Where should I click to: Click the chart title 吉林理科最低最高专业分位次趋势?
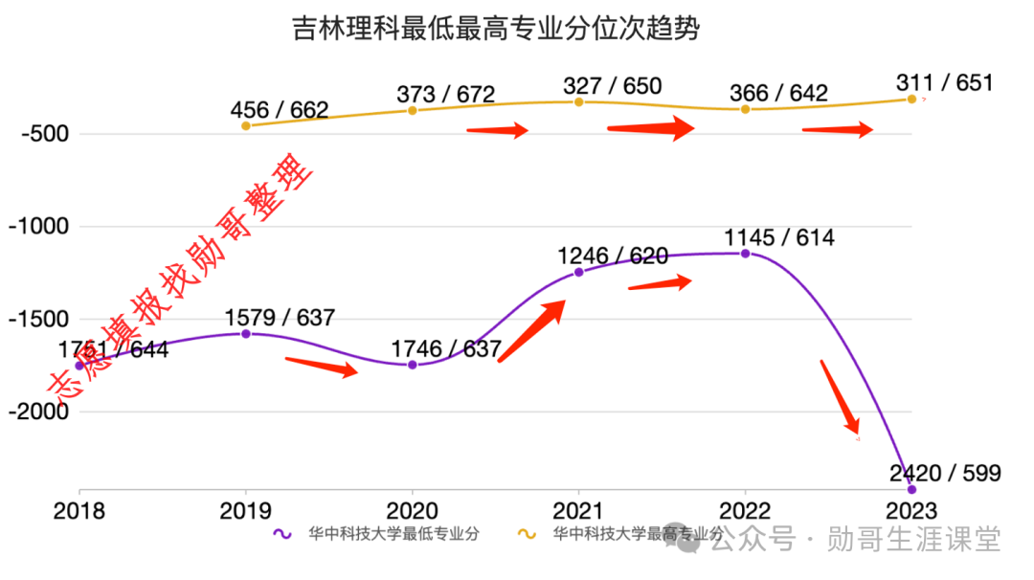(495, 29)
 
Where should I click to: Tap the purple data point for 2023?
(911, 489)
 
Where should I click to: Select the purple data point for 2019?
(246, 334)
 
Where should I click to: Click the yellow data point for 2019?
(246, 125)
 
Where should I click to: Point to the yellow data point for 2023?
(911, 99)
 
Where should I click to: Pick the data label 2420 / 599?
(944, 473)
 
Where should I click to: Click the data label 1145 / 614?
(779, 237)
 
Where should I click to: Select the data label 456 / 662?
(280, 109)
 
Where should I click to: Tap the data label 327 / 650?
(612, 86)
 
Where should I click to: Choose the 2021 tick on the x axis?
(578, 512)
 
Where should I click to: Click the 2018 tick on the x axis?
(79, 512)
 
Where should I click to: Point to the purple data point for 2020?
(413, 365)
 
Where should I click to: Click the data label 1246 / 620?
(613, 256)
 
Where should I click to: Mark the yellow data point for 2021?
(578, 101)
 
